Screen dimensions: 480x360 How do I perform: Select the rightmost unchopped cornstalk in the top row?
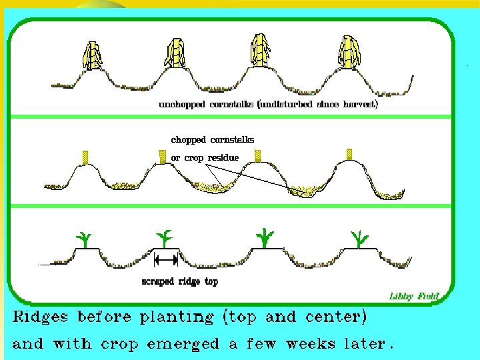349,53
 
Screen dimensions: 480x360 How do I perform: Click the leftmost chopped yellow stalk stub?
85,157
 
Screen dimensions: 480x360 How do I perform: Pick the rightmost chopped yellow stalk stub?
349,154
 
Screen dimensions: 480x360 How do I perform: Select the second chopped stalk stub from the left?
162,156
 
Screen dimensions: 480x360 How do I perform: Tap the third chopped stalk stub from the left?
258,155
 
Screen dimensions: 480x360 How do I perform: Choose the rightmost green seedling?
361,237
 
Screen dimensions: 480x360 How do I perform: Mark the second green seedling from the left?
165,237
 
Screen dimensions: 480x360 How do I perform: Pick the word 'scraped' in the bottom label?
158,282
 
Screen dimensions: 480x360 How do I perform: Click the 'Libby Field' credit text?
415,295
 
